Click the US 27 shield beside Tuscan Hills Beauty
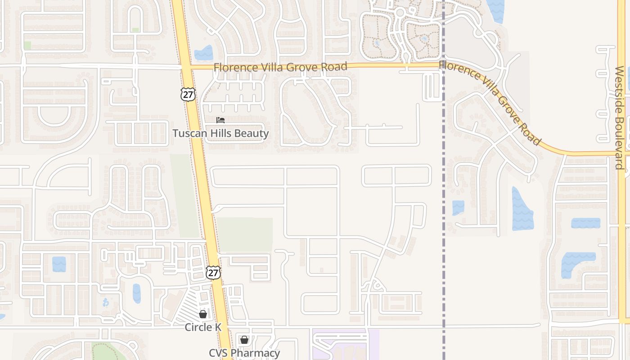click(188, 94)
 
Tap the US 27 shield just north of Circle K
click(213, 272)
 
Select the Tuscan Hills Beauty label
click(220, 134)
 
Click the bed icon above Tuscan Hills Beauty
click(220, 120)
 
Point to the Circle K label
click(203, 327)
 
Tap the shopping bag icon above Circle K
click(203, 314)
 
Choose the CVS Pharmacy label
click(244, 353)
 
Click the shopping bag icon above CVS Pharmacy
click(244, 340)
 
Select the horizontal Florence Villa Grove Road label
click(280, 67)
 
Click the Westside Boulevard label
click(619, 118)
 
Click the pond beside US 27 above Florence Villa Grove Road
click(204, 53)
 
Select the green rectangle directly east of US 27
click(245, 234)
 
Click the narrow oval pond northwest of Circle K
click(137, 293)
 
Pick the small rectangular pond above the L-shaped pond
click(585, 223)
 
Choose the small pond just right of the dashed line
click(458, 207)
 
